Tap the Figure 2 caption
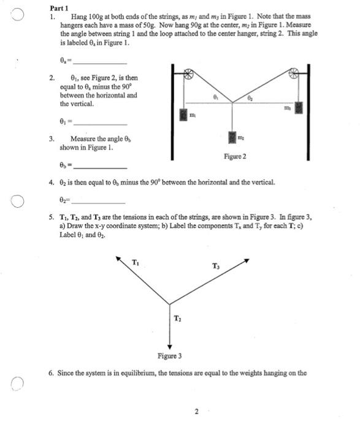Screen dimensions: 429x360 pyautogui.click(x=236, y=157)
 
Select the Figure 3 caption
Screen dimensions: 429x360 pyautogui.click(x=169, y=355)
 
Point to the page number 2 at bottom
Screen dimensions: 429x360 pyautogui.click(x=196, y=411)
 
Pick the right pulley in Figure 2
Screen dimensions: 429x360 pyautogui.click(x=293, y=73)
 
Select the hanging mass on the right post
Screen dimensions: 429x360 pyautogui.click(x=299, y=107)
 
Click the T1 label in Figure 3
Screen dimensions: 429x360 pyautogui.click(x=136, y=263)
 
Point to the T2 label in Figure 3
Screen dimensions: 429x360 pyautogui.click(x=177, y=317)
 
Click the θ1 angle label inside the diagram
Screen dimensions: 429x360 pyautogui.click(x=215, y=97)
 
